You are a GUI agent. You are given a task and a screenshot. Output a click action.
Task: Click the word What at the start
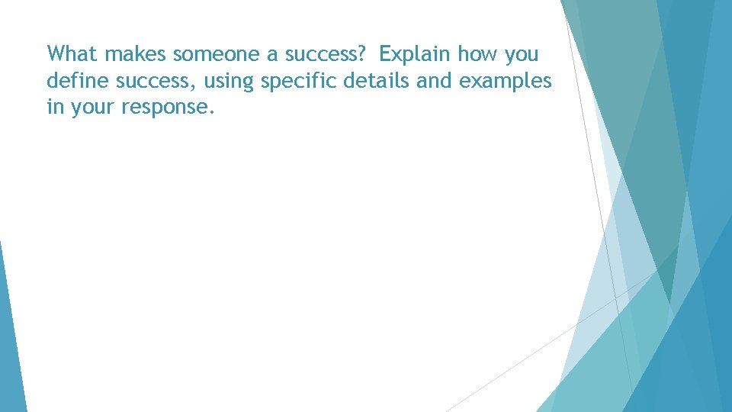(73, 54)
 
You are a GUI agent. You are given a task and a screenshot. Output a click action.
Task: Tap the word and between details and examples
(435, 81)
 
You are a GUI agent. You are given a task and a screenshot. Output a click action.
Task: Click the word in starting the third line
(55, 108)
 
